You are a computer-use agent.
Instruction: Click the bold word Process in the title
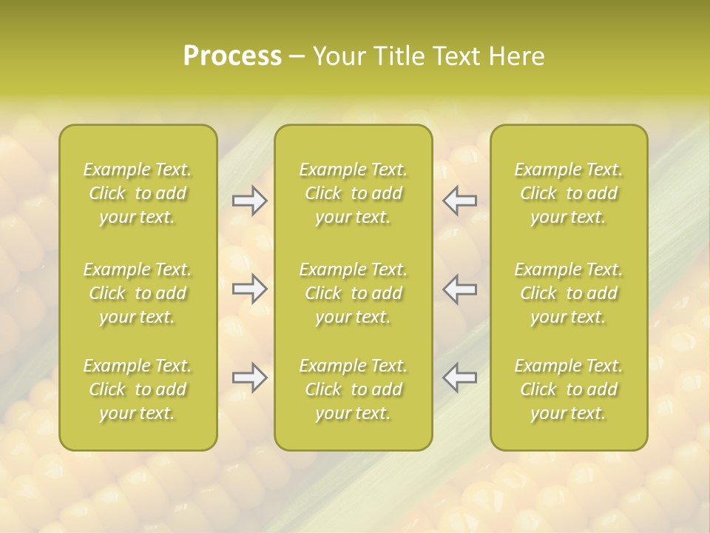[232, 56]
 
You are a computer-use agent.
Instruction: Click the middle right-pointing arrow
[249, 289]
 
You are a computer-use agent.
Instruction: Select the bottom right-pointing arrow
[249, 378]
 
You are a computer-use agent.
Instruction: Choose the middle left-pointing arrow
[459, 289]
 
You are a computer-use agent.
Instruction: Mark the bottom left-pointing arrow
[459, 378]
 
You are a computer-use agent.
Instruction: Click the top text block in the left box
[138, 193]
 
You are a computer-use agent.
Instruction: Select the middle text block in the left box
[138, 293]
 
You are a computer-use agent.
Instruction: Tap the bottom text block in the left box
[138, 389]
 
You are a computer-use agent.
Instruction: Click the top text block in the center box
[353, 193]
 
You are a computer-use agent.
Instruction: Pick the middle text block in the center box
[353, 293]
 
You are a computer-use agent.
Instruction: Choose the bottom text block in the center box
[353, 389]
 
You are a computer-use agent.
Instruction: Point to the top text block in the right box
[568, 193]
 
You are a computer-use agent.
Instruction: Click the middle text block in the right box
[568, 293]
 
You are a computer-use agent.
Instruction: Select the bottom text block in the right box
[568, 389]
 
